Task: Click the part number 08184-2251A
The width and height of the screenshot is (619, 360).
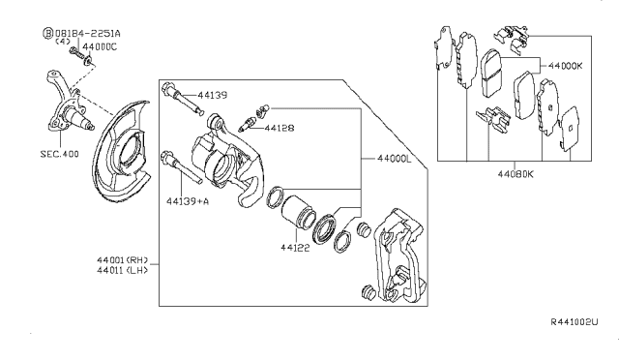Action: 88,33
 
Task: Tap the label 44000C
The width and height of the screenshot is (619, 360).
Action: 100,47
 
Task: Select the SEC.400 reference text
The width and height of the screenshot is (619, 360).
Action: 60,154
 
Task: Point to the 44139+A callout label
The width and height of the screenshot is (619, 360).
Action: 188,201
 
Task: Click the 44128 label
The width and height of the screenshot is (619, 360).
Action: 280,128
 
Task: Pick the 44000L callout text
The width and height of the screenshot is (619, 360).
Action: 395,159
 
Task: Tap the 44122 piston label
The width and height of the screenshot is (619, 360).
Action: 295,248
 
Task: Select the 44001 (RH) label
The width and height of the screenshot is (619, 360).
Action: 123,260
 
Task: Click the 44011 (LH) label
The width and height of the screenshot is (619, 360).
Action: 123,270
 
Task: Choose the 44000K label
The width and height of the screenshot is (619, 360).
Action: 565,66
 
